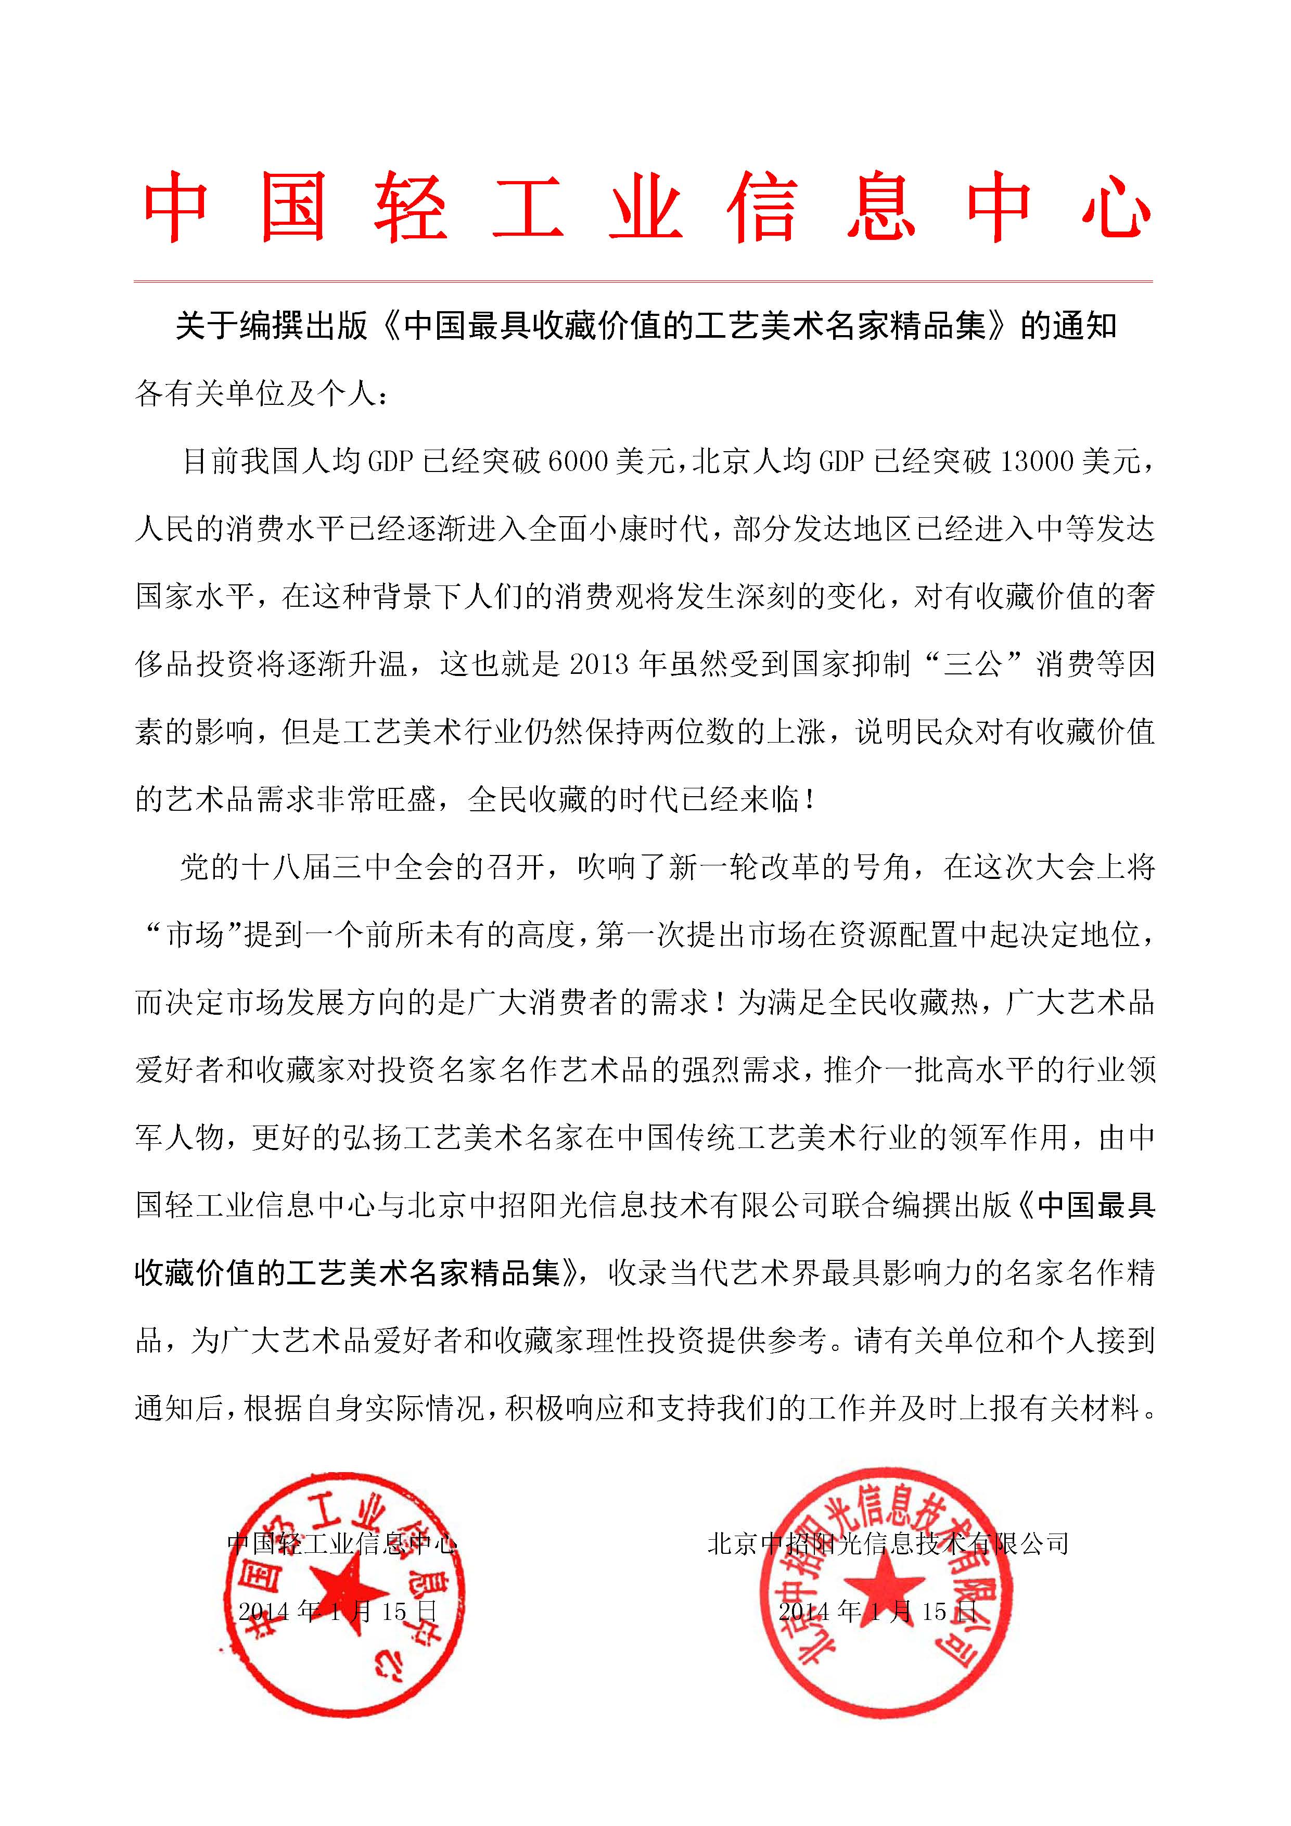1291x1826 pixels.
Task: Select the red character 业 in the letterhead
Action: click(x=645, y=208)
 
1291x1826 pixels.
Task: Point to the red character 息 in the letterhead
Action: click(x=880, y=208)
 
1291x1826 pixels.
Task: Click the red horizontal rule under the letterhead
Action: click(x=643, y=280)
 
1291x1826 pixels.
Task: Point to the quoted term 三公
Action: click(x=971, y=664)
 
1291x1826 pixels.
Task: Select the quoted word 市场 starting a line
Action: click(x=195, y=935)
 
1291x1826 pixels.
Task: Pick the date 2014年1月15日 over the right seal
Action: click(x=877, y=1612)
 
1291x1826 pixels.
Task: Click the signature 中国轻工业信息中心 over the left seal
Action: click(x=342, y=1544)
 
